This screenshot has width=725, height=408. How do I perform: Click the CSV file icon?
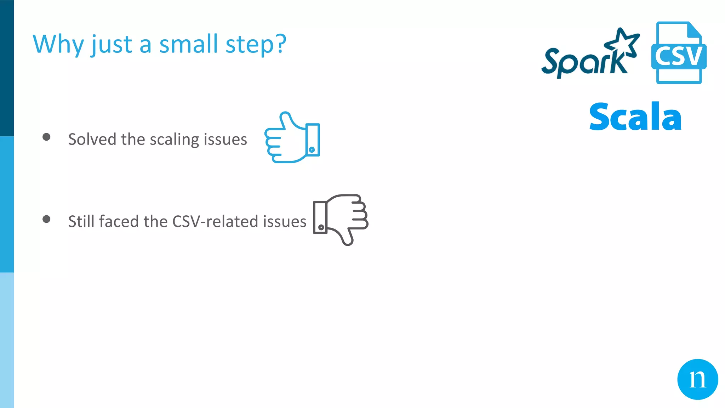pyautogui.click(x=678, y=53)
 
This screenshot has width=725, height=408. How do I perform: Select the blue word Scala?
pyautogui.click(x=635, y=117)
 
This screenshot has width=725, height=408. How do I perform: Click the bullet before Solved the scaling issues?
pyautogui.click(x=46, y=137)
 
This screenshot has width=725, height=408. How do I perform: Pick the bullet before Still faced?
pyautogui.click(x=46, y=219)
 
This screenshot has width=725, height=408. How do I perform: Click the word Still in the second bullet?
pyautogui.click(x=81, y=221)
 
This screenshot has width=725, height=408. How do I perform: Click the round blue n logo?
pyautogui.click(x=697, y=379)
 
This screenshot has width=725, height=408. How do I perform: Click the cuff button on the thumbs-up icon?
pyautogui.click(x=312, y=149)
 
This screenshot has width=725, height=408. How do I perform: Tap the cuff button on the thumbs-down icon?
pyautogui.click(x=321, y=227)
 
